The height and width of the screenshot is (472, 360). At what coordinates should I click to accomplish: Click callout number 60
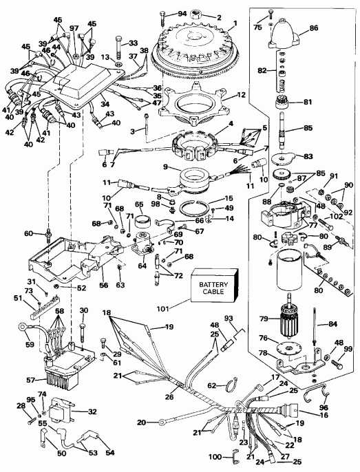(x=28, y=233)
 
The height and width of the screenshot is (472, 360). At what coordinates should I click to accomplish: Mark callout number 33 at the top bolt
(x=133, y=43)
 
